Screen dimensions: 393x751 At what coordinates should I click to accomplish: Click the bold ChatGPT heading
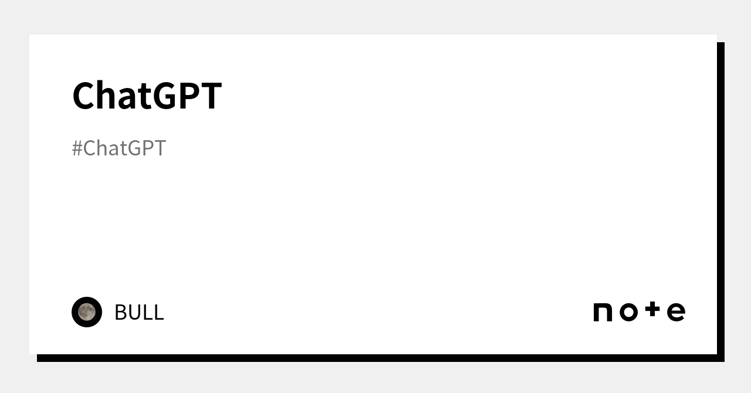pyautogui.click(x=147, y=96)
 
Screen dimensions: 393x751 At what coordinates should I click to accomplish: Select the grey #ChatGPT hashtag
pyautogui.click(x=119, y=148)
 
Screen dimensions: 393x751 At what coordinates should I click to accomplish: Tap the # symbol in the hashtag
pyautogui.click(x=77, y=148)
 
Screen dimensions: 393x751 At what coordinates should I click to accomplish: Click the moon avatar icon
pyautogui.click(x=87, y=312)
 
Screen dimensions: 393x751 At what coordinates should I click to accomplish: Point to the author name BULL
pyautogui.click(x=139, y=312)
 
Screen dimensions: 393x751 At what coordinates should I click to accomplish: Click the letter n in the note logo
pyautogui.click(x=603, y=312)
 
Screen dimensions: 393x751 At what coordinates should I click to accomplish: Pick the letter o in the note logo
pyautogui.click(x=628, y=312)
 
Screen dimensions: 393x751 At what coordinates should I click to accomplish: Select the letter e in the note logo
pyautogui.click(x=676, y=312)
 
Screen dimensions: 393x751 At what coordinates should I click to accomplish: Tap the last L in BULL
pyautogui.click(x=158, y=312)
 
